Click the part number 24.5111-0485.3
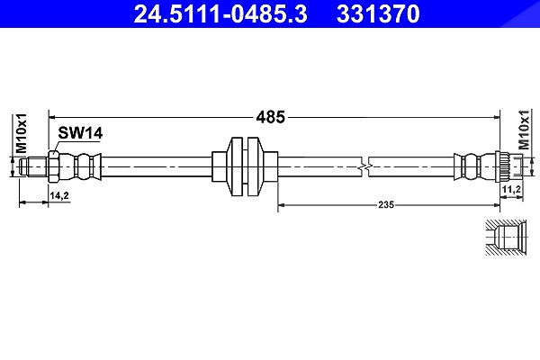tap(220, 13)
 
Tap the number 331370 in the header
tap(378, 13)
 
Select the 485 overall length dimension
tap(271, 117)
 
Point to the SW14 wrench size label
tap(80, 133)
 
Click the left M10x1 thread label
tap(22, 133)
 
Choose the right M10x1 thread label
tap(524, 130)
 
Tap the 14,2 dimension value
tap(59, 196)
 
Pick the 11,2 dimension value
tap(511, 189)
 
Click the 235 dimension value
tap(386, 205)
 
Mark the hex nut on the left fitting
tap(54, 167)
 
